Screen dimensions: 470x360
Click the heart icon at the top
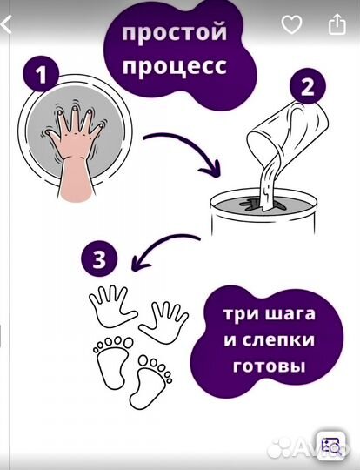pos(291,24)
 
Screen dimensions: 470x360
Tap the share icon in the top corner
pos(337,24)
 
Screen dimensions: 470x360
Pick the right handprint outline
pos(164,322)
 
